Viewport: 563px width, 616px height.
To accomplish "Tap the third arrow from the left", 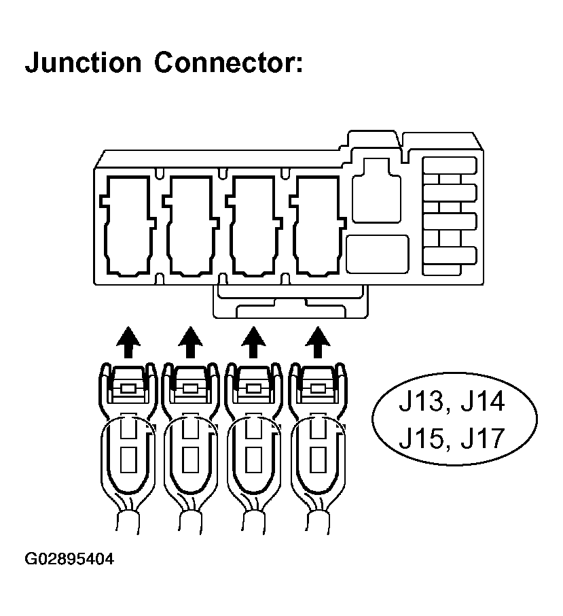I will point(253,341).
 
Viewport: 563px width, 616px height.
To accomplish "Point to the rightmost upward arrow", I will point(316,341).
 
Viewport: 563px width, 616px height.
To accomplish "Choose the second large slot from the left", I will point(191,226).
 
